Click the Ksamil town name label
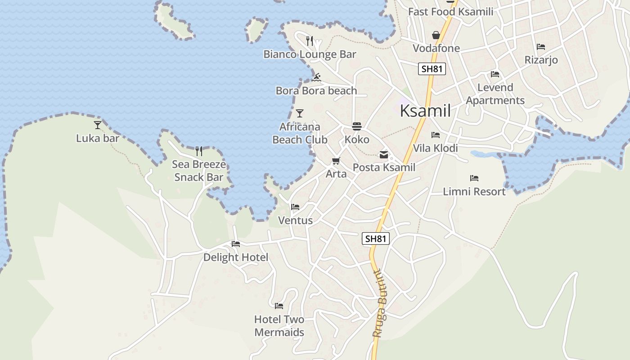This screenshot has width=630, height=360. coord(425,110)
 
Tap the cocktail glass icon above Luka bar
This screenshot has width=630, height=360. coord(98,125)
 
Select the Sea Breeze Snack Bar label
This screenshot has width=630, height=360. coord(199,171)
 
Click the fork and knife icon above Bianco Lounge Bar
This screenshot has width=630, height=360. coord(309,41)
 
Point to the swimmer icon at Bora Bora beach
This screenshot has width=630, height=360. coord(316,77)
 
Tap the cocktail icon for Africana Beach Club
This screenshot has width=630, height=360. coord(300,113)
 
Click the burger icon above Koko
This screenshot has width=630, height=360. coord(357,126)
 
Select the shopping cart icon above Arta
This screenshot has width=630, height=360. coord(336,161)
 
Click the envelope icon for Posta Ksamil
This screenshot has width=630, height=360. coord(384,155)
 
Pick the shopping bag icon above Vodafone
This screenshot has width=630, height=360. coord(436,35)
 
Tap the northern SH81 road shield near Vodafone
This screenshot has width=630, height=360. coord(432,69)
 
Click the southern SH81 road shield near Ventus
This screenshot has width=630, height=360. coord(376,238)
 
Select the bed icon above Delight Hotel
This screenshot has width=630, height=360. coord(236,244)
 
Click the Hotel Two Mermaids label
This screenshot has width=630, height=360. coord(279,326)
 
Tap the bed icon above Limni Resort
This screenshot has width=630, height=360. coord(474,178)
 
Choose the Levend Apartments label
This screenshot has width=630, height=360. coord(495,94)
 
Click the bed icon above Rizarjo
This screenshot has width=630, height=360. coord(541,47)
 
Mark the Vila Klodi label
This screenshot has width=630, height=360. coord(435,148)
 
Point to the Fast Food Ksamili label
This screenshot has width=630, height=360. coord(450,12)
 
